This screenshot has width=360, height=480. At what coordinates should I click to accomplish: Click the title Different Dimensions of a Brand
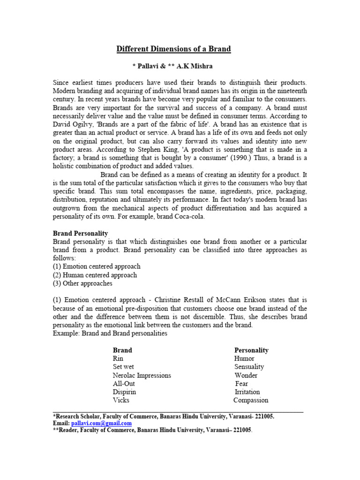(173, 49)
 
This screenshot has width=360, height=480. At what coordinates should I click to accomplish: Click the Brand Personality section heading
(80, 233)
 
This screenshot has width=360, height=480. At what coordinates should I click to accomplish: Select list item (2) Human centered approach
(95, 275)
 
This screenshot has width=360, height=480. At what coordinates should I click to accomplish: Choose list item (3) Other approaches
(82, 284)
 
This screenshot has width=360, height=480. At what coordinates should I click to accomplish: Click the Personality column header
(251, 350)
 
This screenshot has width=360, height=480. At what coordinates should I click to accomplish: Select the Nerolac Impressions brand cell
(142, 375)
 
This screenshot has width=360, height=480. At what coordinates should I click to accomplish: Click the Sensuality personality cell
(249, 367)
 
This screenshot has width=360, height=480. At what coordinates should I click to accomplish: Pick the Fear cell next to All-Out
(241, 384)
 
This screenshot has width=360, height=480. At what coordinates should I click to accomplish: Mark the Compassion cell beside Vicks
(251, 401)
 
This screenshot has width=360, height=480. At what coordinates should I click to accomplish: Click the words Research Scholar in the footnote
(77, 416)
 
